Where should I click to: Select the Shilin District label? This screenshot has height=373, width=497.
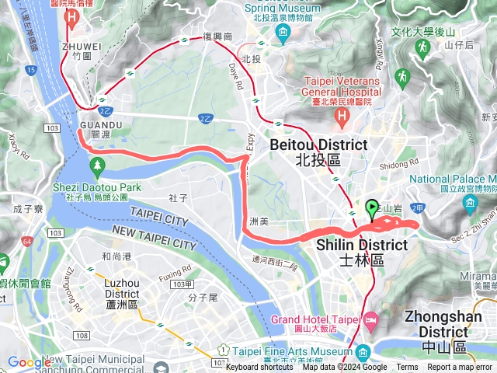click(362, 252)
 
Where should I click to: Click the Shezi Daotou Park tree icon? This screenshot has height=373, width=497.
click(97, 165)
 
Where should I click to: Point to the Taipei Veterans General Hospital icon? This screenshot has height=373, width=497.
click(342, 116)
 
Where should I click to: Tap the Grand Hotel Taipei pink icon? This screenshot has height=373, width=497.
click(371, 319)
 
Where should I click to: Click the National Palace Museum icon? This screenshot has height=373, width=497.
click(470, 205)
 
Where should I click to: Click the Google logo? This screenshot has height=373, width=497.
click(30, 362)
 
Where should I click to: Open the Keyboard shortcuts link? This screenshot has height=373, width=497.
click(259, 368)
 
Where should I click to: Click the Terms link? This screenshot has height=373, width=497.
click(407, 368)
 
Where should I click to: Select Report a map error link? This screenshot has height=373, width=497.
click(460, 368)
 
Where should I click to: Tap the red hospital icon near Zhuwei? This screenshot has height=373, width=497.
click(73, 16)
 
